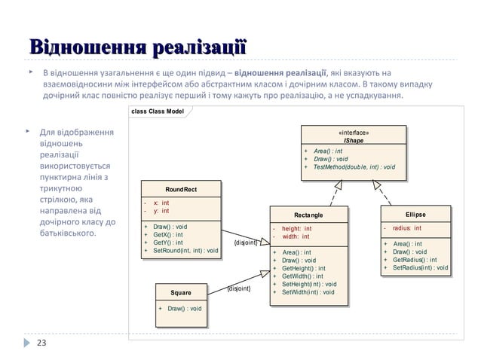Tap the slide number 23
(x=41, y=343)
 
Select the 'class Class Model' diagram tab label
(x=158, y=111)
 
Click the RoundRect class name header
(x=181, y=189)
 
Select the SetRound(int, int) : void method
(x=185, y=251)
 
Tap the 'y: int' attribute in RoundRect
(x=161, y=211)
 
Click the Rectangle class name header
(x=309, y=215)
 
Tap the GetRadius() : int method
(x=414, y=259)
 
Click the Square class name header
(x=181, y=292)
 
